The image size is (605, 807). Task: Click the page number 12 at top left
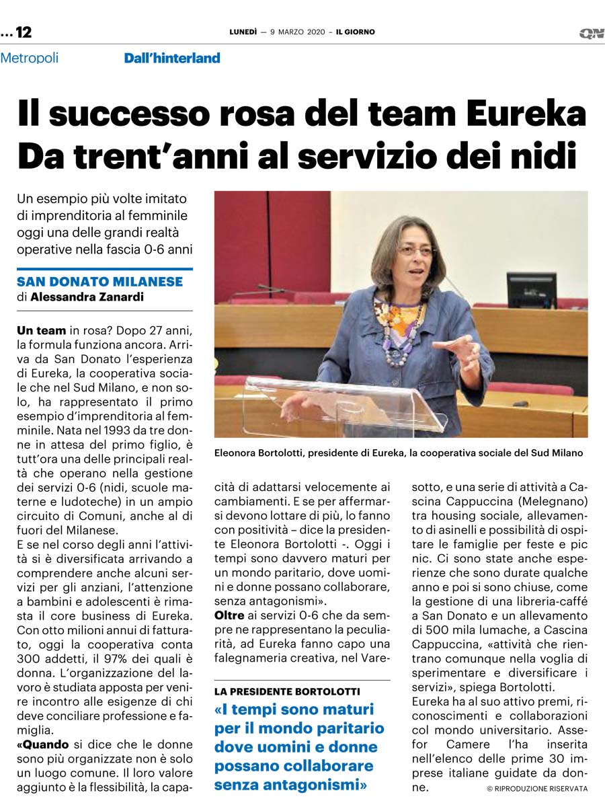tap(24, 32)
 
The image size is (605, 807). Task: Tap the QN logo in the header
tap(591, 33)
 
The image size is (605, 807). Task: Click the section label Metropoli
tap(30, 58)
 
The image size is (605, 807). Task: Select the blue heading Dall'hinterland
tap(172, 59)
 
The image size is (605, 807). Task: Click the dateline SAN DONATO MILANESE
tap(99, 282)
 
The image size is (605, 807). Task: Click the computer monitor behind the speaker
tap(531, 289)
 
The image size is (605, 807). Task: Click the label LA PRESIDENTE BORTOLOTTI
tap(287, 691)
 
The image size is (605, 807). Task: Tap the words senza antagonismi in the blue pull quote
tap(290, 784)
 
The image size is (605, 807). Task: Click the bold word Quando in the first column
tap(44, 744)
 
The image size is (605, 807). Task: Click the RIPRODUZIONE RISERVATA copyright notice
tap(537, 788)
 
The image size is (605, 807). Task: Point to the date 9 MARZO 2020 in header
tap(298, 32)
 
